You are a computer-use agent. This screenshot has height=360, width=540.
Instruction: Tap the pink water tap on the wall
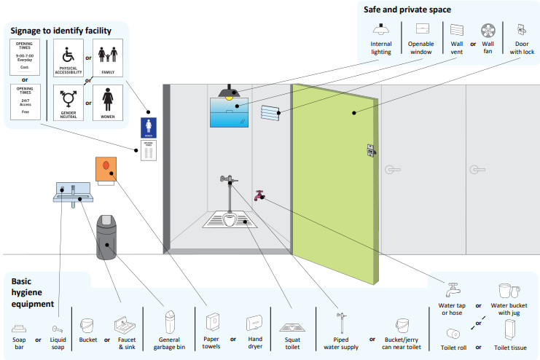point(259,195)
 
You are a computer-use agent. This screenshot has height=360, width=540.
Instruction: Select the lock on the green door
point(371,150)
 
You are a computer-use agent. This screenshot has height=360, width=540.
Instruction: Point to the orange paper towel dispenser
point(106,169)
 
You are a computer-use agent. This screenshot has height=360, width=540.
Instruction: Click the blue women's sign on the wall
point(147,127)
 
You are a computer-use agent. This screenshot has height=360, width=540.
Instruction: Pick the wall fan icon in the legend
point(488,31)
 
